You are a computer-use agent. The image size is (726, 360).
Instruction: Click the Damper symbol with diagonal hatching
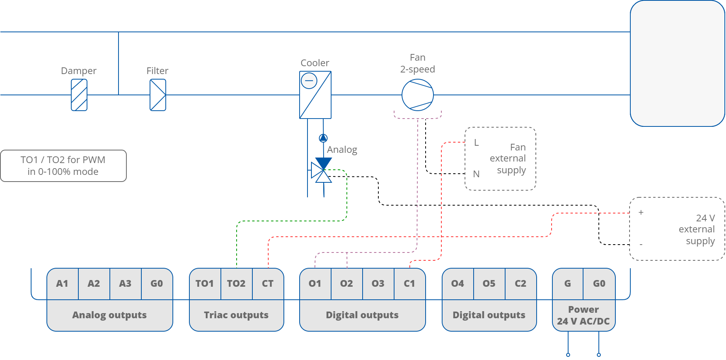tap(79, 95)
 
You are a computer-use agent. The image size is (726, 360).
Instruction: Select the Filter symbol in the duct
tap(158, 95)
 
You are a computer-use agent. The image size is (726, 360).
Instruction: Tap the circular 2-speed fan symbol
tap(417, 95)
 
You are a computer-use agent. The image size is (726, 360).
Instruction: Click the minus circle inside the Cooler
tap(309, 81)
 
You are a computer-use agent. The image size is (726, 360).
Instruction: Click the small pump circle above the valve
tap(323, 138)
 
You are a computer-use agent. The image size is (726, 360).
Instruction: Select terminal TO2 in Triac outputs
tap(236, 284)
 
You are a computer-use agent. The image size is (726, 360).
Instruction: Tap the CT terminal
tap(268, 284)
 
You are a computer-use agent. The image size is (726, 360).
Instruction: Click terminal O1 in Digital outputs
tap(315, 284)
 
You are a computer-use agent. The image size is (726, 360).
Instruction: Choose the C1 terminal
tap(409, 284)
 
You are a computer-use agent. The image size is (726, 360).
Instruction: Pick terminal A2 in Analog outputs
tap(94, 284)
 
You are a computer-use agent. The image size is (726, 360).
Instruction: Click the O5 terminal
tap(489, 284)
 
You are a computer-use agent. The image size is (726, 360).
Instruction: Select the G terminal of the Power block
tap(567, 284)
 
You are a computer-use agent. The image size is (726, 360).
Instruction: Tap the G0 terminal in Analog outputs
tap(157, 284)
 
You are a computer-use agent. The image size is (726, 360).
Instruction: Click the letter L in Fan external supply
tap(476, 143)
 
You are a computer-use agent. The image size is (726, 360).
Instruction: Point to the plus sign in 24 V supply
tap(641, 212)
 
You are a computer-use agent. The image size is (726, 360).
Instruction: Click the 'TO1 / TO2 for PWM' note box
tap(63, 166)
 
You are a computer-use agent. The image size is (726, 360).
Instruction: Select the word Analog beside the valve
tap(342, 150)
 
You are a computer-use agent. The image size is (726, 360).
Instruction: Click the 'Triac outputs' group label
tap(236, 315)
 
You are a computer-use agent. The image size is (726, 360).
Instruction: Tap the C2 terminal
tap(520, 284)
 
